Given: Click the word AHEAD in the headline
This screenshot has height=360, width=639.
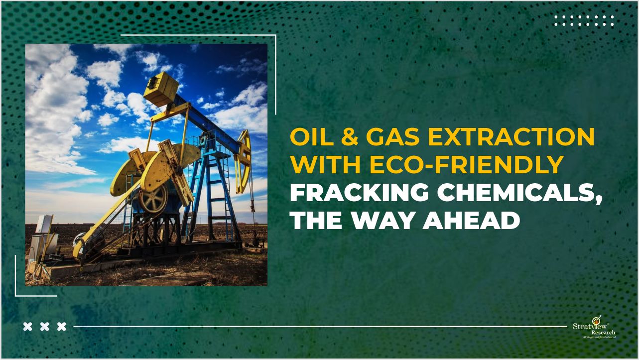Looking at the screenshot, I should coord(472,220).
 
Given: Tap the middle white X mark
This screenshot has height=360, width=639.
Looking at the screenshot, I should coord(45,327).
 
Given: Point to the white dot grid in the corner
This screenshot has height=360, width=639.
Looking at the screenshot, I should coord(584,20).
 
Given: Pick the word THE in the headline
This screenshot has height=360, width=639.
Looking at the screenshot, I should coord(317,220).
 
